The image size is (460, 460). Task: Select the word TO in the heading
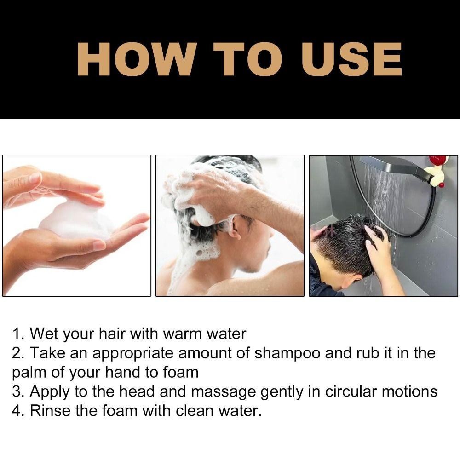248,59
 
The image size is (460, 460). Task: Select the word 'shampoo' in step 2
287,353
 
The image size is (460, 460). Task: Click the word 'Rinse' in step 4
50,410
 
